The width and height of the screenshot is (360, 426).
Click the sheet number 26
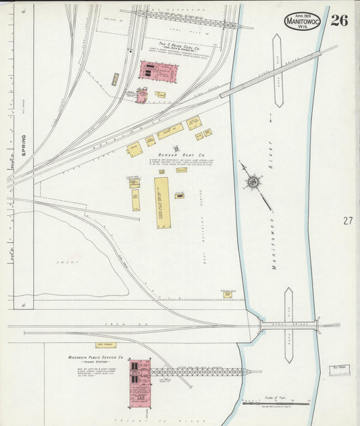339,20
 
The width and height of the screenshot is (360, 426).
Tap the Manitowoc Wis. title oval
303,21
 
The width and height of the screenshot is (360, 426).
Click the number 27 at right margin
348,220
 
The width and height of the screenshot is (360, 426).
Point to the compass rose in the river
254,181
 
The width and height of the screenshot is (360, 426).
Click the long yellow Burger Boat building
162,204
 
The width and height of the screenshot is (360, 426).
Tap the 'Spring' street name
22,145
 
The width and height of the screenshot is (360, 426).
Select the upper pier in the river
278,70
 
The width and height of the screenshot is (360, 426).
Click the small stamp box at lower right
339,369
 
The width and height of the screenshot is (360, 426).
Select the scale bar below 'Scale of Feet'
276,404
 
